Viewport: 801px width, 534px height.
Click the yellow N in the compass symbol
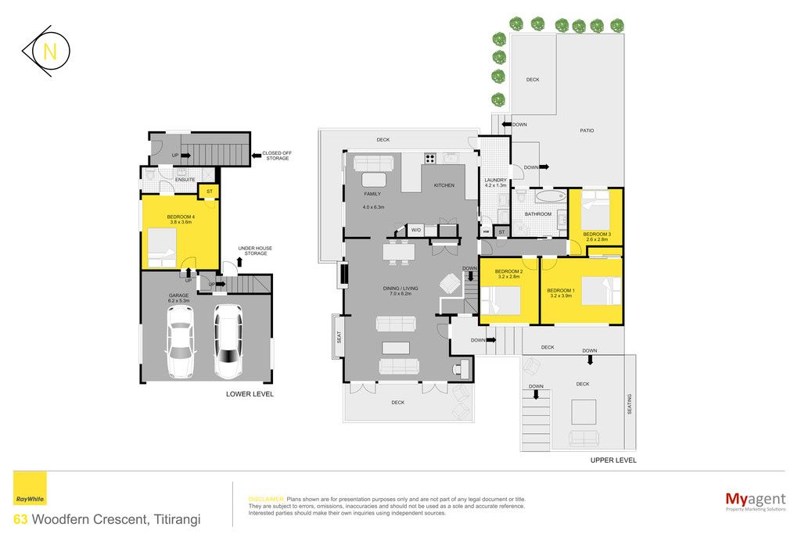[x=50, y=52]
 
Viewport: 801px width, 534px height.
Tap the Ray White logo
[x=30, y=489]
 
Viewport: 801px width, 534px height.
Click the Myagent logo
[x=755, y=501]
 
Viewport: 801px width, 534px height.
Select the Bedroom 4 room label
[x=181, y=220]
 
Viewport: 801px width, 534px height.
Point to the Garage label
[x=179, y=298]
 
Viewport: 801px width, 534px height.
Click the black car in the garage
[x=228, y=341]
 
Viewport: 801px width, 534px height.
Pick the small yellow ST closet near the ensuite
[x=209, y=192]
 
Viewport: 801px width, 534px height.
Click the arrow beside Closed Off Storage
[x=257, y=156]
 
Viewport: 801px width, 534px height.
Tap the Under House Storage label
[x=256, y=251]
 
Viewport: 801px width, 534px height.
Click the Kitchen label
[x=444, y=185]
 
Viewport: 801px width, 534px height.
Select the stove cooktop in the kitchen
[x=430, y=158]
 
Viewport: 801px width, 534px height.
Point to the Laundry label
[x=495, y=183]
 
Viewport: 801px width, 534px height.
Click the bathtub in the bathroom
[x=551, y=195]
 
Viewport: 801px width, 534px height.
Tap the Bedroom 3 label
[x=597, y=237]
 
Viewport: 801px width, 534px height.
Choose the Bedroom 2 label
[x=508, y=274]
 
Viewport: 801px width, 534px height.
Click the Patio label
[x=587, y=131]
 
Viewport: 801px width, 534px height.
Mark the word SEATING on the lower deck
[x=630, y=403]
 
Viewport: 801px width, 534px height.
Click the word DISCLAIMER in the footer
[x=266, y=500]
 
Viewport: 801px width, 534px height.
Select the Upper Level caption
[x=613, y=460]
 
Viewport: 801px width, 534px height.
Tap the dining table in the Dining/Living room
[x=399, y=251]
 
